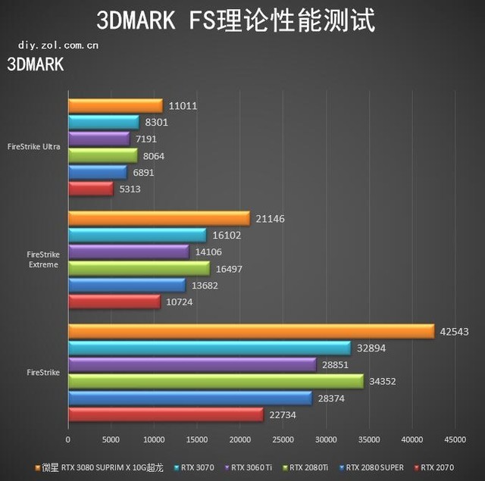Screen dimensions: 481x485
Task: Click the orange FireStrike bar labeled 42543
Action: point(250,331)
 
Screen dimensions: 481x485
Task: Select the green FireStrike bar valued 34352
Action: point(215,381)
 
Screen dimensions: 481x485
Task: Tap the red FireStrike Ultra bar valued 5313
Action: point(90,189)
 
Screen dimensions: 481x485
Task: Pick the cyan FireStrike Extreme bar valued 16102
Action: point(136,236)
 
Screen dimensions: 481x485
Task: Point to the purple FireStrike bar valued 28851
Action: point(192,364)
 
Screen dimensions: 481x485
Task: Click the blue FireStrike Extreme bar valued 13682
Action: point(127,286)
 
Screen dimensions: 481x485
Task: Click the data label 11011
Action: point(183,106)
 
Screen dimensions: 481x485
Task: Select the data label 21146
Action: point(270,219)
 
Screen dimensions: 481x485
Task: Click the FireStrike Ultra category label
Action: point(33,147)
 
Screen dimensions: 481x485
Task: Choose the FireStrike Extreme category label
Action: point(42,260)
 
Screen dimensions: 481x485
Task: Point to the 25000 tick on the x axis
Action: point(283,439)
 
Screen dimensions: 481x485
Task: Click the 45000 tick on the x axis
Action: point(455,439)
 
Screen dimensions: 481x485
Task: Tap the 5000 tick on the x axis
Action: point(111,439)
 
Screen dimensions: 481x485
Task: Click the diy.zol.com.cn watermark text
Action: point(58,45)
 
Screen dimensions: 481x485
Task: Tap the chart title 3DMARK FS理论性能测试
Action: point(242,20)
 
